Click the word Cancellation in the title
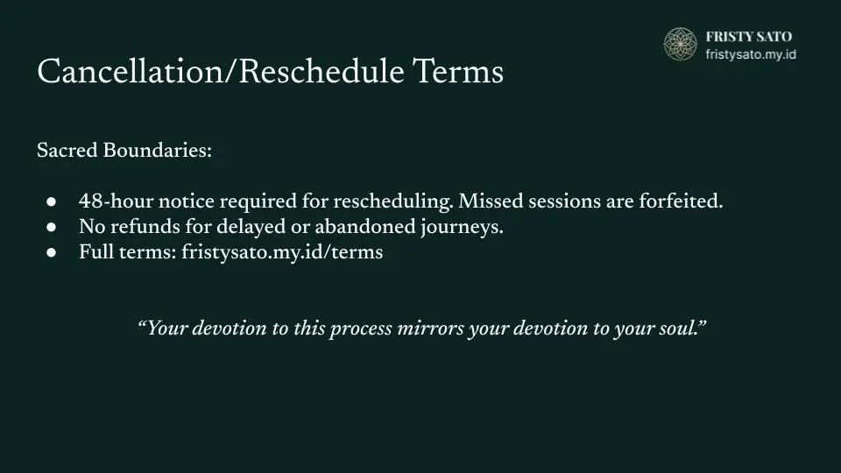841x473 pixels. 130,71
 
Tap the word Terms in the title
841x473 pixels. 458,71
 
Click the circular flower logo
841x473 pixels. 680,44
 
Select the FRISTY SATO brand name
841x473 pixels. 749,37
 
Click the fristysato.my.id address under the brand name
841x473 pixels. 751,54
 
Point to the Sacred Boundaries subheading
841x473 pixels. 124,150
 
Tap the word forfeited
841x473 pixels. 681,201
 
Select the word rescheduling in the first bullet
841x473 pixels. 393,202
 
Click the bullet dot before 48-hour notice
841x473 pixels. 52,201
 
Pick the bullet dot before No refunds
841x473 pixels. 52,227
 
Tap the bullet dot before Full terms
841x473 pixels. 52,252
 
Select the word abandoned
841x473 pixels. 365,227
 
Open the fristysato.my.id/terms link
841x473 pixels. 282,252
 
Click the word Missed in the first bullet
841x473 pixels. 491,201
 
